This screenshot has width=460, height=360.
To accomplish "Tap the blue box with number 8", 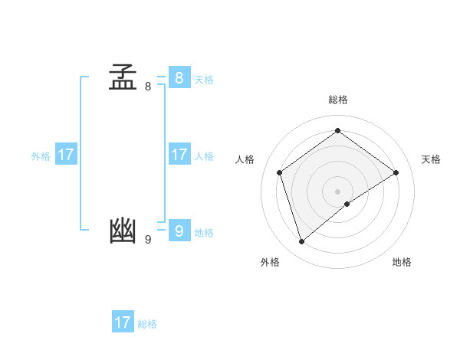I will point(179,78).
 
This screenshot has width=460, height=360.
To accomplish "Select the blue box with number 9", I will point(179,230).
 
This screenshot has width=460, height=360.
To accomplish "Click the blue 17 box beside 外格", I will point(66,155).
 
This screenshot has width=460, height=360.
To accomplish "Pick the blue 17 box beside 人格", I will point(179,155).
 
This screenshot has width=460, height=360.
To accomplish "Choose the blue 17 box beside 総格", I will point(123,322).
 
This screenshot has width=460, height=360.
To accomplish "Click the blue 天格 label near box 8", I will point(204,80).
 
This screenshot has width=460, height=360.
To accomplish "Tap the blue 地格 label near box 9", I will point(204,233).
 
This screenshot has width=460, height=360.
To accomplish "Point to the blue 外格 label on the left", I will point(41,156).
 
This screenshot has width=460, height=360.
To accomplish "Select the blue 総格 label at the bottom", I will point(147,324).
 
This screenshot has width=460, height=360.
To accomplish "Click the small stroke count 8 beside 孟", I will point(148,87).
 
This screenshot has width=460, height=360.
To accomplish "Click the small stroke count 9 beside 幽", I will point(148,239).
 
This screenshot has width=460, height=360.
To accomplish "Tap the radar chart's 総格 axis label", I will point(338,100).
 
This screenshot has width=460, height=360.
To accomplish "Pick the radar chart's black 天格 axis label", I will point(432,159).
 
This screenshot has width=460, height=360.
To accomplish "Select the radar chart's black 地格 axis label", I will point(402,262).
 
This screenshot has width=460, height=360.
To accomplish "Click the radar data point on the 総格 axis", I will point(338,130).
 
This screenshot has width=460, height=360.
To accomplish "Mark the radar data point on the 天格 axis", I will point(396,172).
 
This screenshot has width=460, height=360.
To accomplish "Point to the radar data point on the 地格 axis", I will point(347,204).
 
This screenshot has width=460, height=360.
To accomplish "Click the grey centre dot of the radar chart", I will point(338,191).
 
